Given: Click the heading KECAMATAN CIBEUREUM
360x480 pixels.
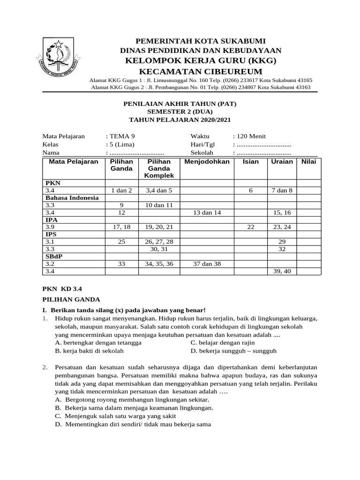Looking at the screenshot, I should coord(200,71).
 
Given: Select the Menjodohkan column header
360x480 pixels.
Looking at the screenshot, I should coord(207,162).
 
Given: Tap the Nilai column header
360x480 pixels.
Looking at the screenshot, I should coord(308,162).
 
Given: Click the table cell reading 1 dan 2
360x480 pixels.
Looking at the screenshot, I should coord(121,191).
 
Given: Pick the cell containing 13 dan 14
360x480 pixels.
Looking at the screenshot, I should coord(207,212).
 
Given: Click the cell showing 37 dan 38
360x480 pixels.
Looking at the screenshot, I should coord(207,264).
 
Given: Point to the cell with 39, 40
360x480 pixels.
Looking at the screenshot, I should coord(282,271).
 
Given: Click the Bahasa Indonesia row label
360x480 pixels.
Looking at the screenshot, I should coord(72,198).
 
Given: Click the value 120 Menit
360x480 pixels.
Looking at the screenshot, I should coord(251,136).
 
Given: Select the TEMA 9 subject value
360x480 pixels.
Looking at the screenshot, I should coord(123,136).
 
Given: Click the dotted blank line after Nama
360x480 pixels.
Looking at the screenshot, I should coord(136,153).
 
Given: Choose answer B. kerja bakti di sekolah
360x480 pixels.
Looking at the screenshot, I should coord(89,351).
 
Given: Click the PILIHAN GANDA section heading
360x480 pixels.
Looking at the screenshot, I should coord(71,300).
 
